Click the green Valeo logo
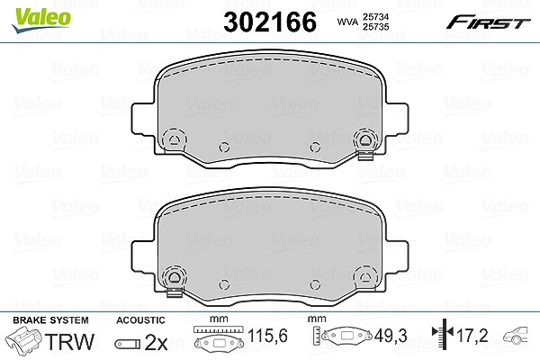tap(41, 20)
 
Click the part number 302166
tap(270, 22)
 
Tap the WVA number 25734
tap(376, 16)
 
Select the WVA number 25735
tap(376, 27)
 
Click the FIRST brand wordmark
tap(488, 22)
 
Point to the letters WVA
tap(347, 22)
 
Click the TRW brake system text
tap(69, 341)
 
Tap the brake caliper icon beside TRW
tap(23, 340)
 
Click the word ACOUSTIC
tap(140, 320)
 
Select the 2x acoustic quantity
tap(156, 342)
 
